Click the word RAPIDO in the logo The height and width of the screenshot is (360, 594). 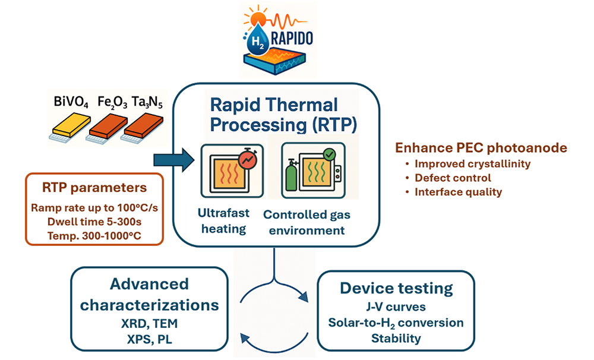point(292,38)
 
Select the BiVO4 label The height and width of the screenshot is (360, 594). point(71,102)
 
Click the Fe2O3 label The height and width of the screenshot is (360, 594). point(112,102)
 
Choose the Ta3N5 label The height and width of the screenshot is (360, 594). point(147,102)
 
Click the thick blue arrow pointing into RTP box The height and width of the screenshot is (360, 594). point(174,160)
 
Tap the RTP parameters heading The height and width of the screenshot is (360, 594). point(94,188)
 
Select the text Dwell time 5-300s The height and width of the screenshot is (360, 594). point(94,222)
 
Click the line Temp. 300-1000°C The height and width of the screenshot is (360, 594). point(94,236)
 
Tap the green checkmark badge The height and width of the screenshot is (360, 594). point(329,154)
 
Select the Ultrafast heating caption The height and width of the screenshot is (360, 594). point(223,221)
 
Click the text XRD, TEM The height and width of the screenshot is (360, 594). point(149,323)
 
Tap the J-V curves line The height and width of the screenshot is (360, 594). point(396,307)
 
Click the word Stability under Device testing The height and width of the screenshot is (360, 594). point(396,338)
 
